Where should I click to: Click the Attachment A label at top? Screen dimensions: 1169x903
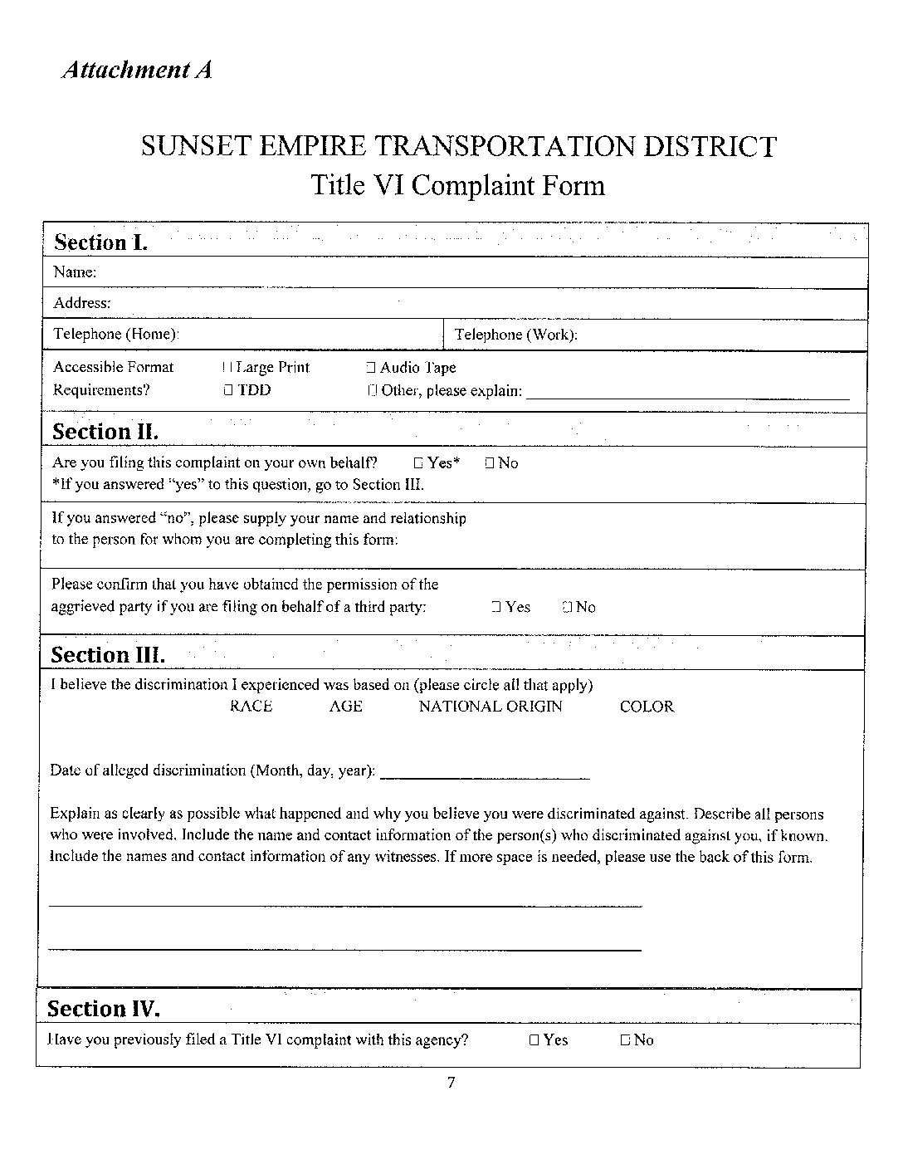point(137,69)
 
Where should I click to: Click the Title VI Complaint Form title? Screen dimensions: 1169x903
point(457,184)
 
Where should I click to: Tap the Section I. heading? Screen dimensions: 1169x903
point(100,242)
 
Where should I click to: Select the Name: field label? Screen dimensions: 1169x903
point(75,272)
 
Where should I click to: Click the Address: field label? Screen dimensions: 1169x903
point(81,303)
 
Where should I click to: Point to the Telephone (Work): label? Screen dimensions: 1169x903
point(515,335)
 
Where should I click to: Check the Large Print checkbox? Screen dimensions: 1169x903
point(227,368)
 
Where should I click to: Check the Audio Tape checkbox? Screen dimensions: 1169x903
point(371,368)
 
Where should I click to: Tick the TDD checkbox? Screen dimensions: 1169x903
point(227,390)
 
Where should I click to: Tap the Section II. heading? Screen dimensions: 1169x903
point(105,432)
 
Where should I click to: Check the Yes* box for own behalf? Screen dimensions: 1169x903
point(418,463)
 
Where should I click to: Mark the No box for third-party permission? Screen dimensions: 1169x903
point(567,608)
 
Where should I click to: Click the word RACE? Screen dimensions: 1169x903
point(251,707)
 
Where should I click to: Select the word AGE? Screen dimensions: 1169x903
point(345,707)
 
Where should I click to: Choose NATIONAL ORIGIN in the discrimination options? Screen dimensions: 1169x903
point(490,707)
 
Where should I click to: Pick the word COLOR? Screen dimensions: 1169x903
point(647,707)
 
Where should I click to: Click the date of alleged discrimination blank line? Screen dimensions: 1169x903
point(485,774)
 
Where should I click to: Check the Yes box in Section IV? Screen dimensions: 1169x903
point(534,1040)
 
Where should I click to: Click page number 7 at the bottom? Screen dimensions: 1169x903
point(451,1083)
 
